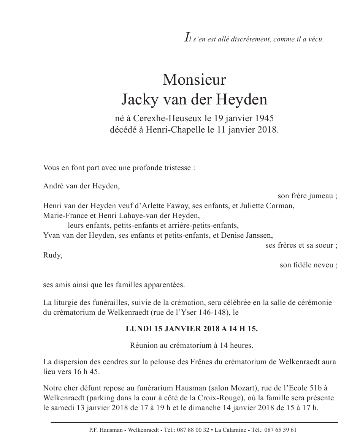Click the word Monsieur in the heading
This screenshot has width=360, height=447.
[x=194, y=80]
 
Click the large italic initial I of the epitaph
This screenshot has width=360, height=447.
[x=186, y=37]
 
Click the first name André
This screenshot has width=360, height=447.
[x=54, y=186]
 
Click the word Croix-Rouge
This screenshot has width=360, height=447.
[x=238, y=398]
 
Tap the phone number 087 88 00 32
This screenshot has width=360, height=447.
[x=194, y=430]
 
